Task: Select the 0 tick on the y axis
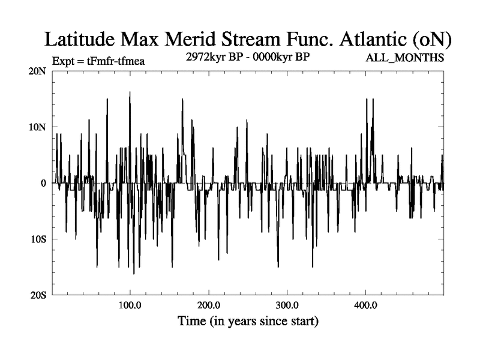[43, 183]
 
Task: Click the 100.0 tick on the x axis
[130, 305]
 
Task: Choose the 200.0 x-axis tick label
[209, 305]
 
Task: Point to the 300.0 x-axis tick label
[287, 305]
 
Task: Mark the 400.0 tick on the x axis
[365, 305]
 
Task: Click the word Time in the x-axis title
[192, 321]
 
